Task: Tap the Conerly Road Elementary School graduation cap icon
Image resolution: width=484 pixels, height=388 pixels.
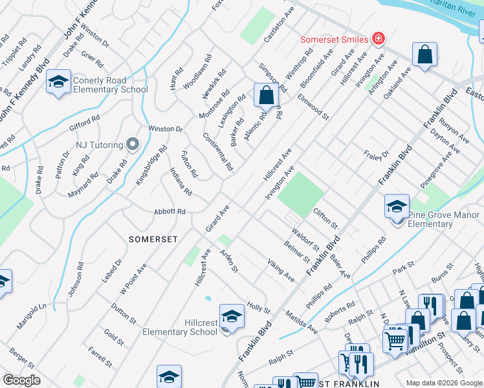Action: (58, 82)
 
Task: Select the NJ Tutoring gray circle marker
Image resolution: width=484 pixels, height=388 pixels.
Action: (133, 144)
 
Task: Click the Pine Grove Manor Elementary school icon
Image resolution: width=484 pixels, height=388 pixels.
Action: (397, 207)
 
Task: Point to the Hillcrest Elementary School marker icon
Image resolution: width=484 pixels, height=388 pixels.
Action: (231, 316)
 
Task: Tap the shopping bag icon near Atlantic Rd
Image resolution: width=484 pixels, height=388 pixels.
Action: (265, 96)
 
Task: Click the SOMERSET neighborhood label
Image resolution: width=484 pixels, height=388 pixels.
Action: (153, 239)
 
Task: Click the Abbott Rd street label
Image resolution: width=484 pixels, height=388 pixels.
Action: (170, 211)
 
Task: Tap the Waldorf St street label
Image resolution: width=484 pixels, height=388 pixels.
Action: (305, 238)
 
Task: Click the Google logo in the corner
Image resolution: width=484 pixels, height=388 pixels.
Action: (22, 380)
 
